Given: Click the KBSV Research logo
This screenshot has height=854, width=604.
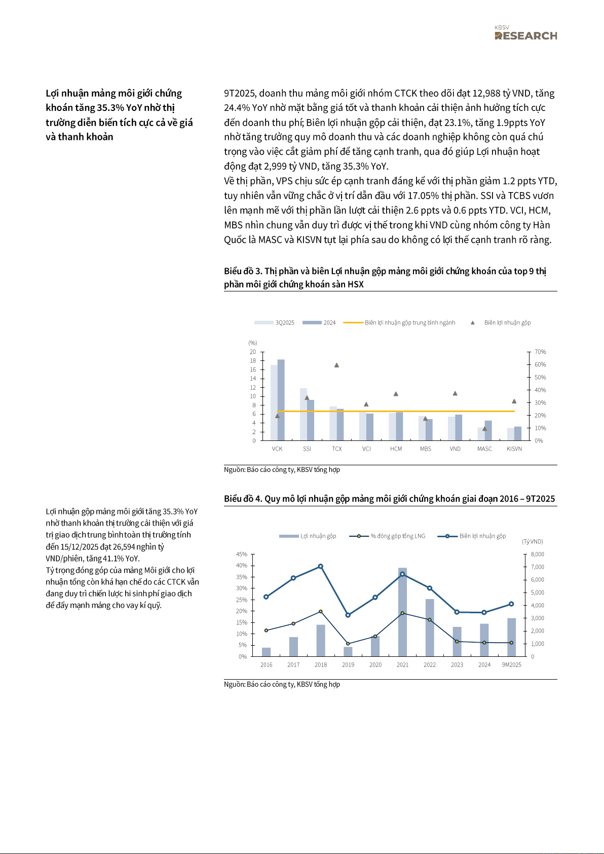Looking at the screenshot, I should (x=525, y=33).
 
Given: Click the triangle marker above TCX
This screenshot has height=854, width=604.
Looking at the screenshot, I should (x=336, y=365).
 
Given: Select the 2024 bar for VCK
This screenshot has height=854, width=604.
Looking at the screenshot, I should (x=281, y=400).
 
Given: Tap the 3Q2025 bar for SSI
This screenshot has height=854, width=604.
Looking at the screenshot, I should (x=303, y=414).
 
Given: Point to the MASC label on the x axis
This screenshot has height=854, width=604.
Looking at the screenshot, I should (x=484, y=449).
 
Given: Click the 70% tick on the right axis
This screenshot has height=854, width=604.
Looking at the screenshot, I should (x=540, y=352).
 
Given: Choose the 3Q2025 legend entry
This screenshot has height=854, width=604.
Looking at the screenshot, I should (x=275, y=323).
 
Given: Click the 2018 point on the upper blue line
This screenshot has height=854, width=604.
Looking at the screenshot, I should (x=321, y=567).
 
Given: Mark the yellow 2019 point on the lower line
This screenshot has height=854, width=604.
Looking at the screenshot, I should (x=348, y=644).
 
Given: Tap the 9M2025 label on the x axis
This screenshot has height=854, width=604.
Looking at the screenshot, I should (x=511, y=665).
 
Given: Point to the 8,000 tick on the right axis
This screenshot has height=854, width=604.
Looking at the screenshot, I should (x=537, y=554).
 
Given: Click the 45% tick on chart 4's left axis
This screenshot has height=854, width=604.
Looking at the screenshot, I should (x=241, y=554).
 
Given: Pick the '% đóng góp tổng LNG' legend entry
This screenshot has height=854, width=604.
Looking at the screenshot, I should (x=388, y=536).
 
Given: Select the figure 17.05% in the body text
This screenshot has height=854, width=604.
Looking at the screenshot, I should (x=423, y=196).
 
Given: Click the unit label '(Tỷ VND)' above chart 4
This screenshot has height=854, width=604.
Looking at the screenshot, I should (x=532, y=542).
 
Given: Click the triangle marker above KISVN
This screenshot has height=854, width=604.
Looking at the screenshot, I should (x=514, y=401).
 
